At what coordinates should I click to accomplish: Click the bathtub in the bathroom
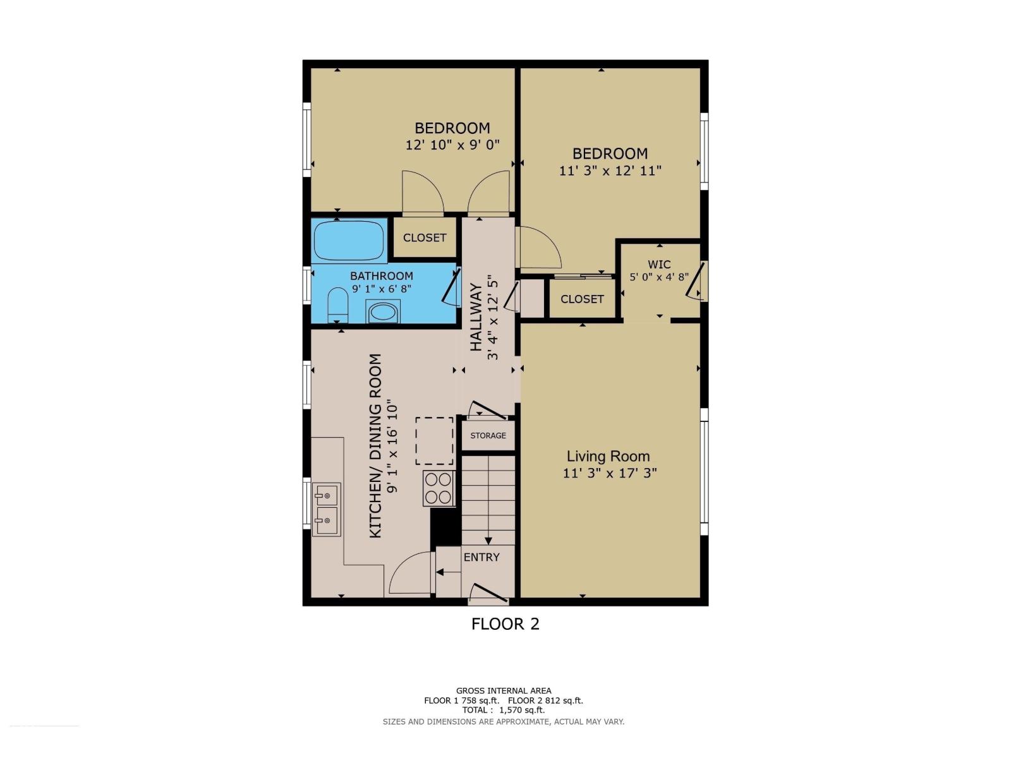tap(349, 240)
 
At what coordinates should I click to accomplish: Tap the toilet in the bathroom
tap(338, 305)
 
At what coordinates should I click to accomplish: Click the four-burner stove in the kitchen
tap(439, 488)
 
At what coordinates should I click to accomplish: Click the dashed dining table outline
tap(434, 441)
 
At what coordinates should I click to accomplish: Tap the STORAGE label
tap(488, 436)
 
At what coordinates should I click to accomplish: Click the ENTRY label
tap(481, 557)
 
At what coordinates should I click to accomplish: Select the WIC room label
tap(659, 265)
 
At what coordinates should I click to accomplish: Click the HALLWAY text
tap(476, 317)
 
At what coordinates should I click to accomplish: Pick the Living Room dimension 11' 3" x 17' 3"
tap(610, 473)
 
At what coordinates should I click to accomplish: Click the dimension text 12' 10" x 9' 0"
tap(452, 145)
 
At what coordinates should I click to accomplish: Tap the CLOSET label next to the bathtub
tap(425, 238)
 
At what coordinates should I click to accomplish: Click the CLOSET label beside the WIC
tap(582, 299)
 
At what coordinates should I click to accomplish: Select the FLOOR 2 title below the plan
tap(505, 624)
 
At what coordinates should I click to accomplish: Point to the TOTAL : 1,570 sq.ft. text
tap(504, 710)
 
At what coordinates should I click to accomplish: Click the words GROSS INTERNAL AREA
tap(504, 691)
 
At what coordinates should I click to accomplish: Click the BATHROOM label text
tap(382, 276)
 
